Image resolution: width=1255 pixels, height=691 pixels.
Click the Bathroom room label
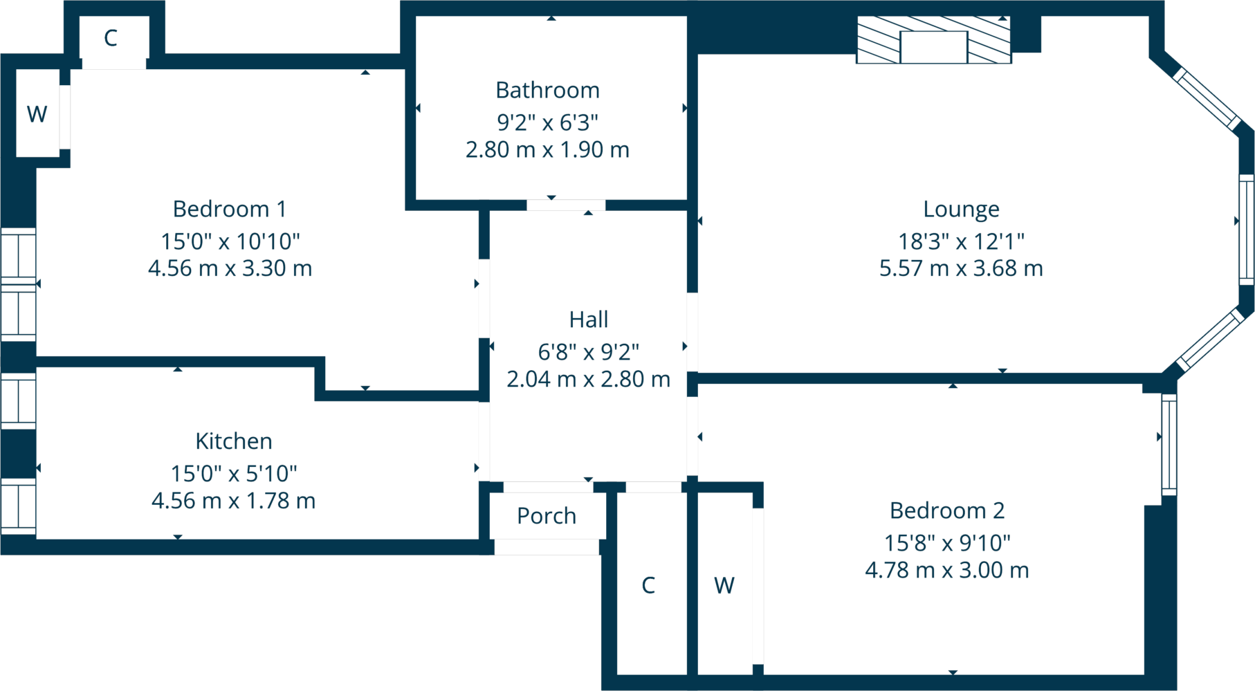click(547, 91)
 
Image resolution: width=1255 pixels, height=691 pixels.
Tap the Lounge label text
click(961, 210)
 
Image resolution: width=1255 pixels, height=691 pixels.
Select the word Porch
click(547, 516)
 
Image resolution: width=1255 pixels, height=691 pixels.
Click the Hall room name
click(589, 320)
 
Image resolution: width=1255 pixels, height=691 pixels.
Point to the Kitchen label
click(234, 441)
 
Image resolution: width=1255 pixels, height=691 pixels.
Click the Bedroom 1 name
click(229, 209)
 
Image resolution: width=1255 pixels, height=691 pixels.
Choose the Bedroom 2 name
click(946, 510)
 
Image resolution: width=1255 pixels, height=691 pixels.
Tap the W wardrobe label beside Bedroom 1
click(37, 114)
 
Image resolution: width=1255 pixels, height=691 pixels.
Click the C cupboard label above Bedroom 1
click(111, 38)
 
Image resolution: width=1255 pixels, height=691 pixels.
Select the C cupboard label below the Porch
click(648, 585)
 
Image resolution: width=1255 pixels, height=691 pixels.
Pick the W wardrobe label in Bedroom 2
click(724, 586)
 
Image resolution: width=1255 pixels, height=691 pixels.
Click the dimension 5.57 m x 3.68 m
click(961, 268)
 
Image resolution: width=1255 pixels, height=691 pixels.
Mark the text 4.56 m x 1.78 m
click(234, 501)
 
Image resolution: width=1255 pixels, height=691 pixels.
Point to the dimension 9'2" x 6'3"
click(547, 122)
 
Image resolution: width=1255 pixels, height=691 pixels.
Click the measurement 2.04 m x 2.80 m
click(589, 379)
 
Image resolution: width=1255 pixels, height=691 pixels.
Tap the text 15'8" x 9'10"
click(946, 543)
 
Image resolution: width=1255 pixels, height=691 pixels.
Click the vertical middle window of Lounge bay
click(1246, 230)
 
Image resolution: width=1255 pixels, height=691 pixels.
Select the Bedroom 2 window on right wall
click(1169, 444)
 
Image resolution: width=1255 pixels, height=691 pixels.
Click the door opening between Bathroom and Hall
click(566, 205)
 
